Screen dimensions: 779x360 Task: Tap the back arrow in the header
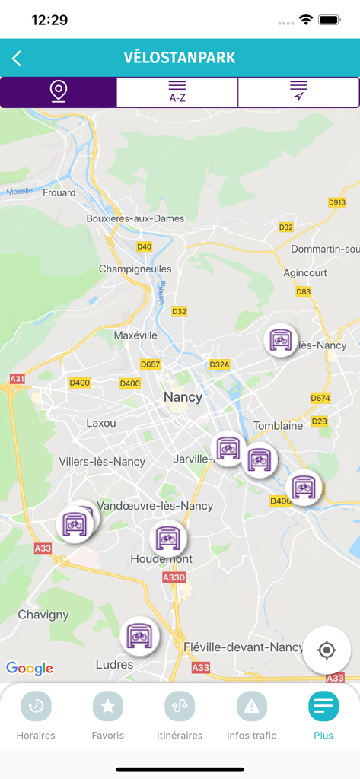pos(17,59)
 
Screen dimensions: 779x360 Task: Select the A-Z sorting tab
pos(177,92)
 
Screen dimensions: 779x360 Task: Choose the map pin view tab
pos(59,92)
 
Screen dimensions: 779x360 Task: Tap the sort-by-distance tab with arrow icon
pos(298,92)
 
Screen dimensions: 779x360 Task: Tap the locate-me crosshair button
pos(327,650)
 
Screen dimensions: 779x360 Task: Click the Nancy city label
pos(183,397)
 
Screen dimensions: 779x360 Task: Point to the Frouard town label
pos(59,192)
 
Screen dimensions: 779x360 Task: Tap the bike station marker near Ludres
pos(139,634)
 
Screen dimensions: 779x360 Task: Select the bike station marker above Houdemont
pos(167,538)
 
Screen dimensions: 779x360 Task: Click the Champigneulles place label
pos(135,269)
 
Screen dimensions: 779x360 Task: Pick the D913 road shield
pos(337,202)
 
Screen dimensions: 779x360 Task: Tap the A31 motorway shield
pos(17,378)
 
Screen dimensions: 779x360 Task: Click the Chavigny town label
pos(43,615)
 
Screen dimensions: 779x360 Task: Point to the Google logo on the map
pos(30,669)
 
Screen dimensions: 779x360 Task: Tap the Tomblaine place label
pos(278,426)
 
